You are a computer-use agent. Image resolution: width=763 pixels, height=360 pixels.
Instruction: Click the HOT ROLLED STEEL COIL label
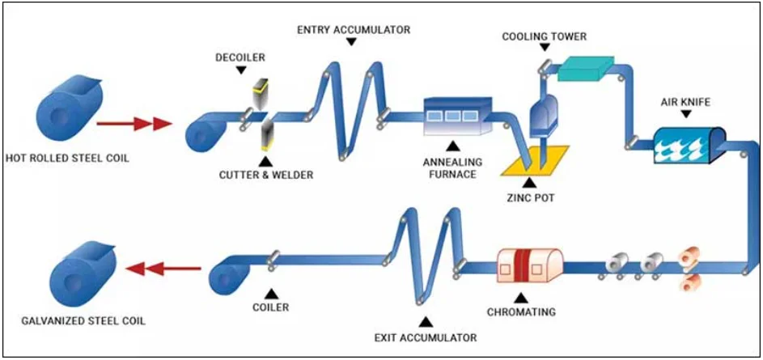point(68,158)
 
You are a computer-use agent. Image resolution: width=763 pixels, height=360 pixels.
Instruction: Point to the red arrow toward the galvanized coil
point(163,268)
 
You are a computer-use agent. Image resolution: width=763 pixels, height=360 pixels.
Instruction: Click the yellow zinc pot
point(536,161)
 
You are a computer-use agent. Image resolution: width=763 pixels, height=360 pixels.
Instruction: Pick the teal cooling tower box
point(586,68)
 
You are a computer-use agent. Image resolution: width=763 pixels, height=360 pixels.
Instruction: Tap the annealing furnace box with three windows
point(457,116)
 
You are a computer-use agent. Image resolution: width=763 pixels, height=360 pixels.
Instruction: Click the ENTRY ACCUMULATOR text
point(354,30)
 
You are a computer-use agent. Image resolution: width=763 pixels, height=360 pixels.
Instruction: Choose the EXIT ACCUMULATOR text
point(426,337)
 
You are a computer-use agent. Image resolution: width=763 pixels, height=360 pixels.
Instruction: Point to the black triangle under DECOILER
point(240,70)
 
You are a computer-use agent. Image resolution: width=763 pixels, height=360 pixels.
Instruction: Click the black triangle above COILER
point(271,294)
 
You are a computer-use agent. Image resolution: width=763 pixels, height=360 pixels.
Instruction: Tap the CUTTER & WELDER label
point(265,174)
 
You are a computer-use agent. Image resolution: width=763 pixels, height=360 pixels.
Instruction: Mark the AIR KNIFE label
point(686,103)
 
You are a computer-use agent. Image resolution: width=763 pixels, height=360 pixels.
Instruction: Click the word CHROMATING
point(521,311)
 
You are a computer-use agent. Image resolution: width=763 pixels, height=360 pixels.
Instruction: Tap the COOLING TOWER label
point(544,36)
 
